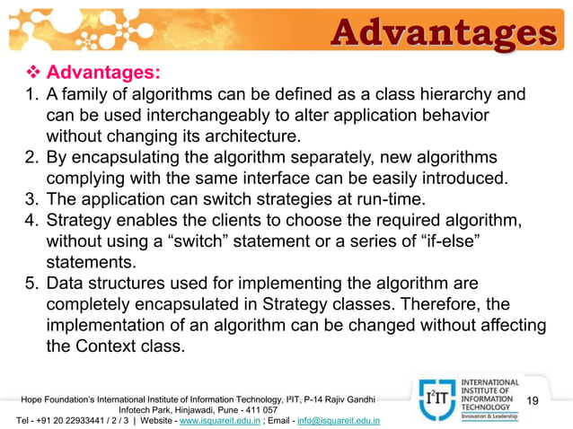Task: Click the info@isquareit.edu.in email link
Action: [338, 419]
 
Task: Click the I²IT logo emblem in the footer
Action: [435, 399]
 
